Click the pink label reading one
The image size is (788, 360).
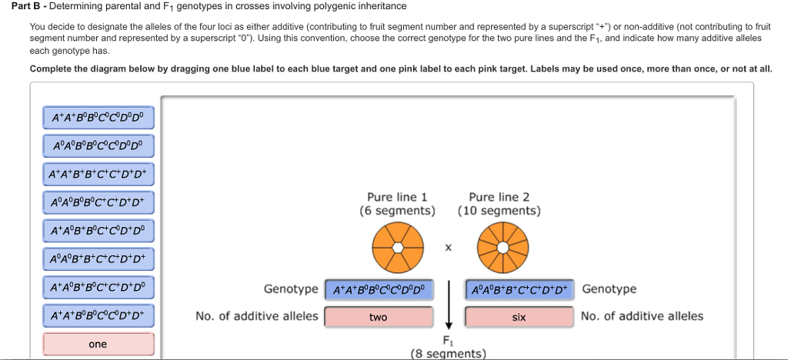tap(98, 344)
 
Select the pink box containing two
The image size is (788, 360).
tap(378, 317)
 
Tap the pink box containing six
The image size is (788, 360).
tap(519, 317)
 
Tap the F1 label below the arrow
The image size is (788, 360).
tap(448, 340)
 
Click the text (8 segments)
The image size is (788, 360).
tap(449, 354)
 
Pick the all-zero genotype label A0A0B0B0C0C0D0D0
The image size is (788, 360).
tap(98, 146)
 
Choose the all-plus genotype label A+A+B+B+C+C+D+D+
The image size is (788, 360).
tap(98, 175)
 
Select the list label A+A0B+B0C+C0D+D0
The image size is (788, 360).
tap(98, 230)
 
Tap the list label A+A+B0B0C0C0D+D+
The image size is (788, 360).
tap(98, 315)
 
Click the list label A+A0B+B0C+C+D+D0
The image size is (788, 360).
tap(98, 288)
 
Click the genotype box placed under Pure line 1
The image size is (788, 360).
tap(378, 289)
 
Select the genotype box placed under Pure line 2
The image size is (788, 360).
tap(519, 289)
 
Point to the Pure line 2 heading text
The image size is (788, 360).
tap(499, 197)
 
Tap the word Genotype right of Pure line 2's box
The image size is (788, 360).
tap(609, 289)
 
